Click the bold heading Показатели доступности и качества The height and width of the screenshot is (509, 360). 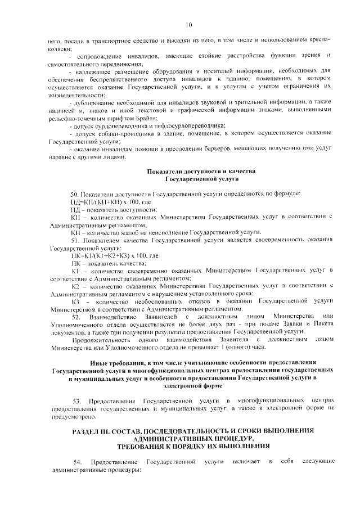point(201,170)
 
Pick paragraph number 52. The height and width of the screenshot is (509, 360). point(75,318)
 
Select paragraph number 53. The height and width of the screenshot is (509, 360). point(78,400)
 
